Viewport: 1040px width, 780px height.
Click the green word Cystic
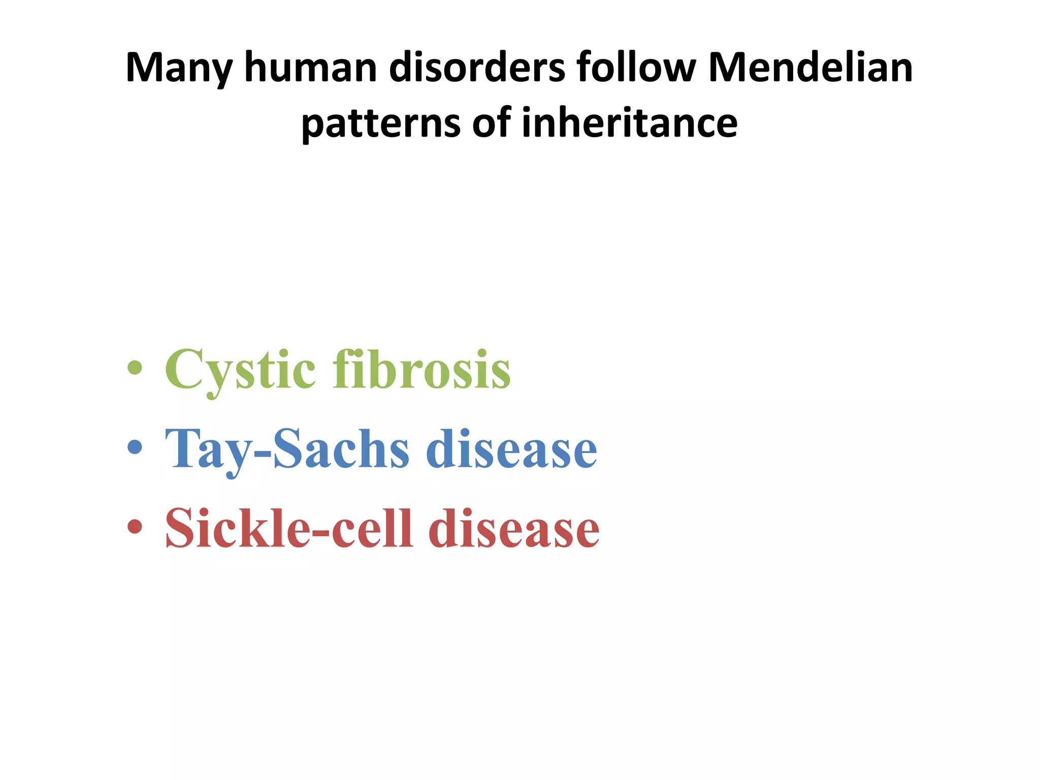pos(240,371)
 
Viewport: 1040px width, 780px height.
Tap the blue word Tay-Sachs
pos(287,449)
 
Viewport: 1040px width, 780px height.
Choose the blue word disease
pos(511,449)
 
